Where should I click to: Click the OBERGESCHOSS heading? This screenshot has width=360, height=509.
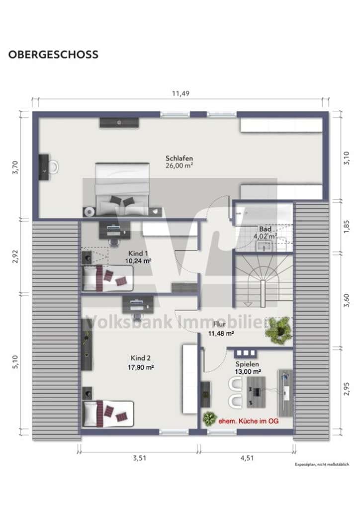click(53, 54)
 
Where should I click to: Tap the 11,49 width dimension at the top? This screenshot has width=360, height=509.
click(180, 93)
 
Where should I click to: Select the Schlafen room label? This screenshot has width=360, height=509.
click(179, 158)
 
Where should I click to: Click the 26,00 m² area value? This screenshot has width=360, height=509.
click(179, 166)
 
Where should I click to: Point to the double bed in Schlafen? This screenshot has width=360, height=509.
click(122, 189)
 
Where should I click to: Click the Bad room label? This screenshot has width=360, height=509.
click(265, 229)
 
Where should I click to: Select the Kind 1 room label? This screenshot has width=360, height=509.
click(138, 253)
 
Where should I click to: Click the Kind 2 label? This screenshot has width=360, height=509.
click(141, 358)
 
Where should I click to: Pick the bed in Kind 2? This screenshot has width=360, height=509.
click(108, 414)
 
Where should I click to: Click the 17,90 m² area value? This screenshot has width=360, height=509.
click(141, 367)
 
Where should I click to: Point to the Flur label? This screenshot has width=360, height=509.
click(219, 324)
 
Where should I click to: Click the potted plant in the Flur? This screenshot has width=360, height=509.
click(278, 330)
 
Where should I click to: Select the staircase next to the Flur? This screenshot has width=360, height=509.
click(263, 281)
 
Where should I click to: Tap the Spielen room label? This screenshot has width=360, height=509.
click(247, 364)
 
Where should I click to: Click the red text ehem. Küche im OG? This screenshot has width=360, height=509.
click(248, 422)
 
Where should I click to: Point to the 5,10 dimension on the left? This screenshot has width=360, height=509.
click(15, 362)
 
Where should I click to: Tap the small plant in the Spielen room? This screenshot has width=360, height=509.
click(209, 419)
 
